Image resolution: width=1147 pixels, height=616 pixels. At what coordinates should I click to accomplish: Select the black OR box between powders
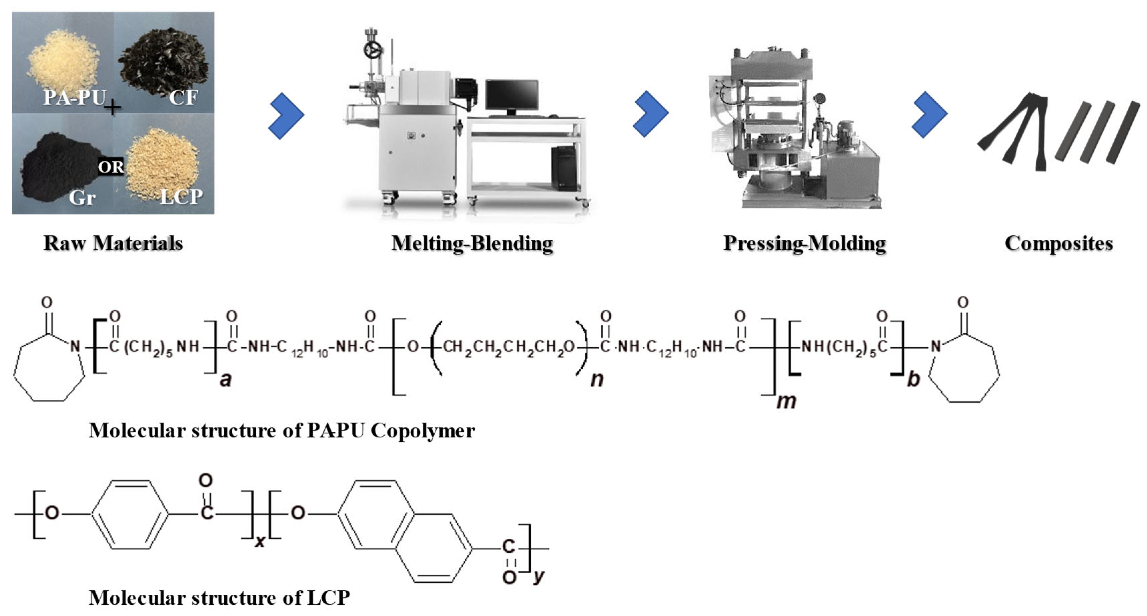click(x=111, y=167)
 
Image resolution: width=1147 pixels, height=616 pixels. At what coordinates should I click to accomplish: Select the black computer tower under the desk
click(x=564, y=168)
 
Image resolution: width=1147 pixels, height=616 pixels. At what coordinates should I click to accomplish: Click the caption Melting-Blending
click(x=472, y=243)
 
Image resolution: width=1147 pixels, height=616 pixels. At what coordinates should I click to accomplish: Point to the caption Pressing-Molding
click(x=805, y=243)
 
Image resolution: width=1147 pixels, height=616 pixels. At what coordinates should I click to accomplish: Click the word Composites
click(x=1058, y=243)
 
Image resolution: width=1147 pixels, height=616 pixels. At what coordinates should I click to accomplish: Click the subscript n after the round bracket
click(x=597, y=379)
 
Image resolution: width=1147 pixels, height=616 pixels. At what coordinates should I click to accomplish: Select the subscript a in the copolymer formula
click(x=226, y=380)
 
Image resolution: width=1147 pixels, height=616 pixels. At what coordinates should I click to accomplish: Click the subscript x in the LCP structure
click(x=260, y=541)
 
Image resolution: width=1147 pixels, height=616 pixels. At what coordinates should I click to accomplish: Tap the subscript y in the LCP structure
click(x=539, y=576)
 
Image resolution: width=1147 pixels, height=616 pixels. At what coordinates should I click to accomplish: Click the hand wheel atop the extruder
click(x=373, y=50)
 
